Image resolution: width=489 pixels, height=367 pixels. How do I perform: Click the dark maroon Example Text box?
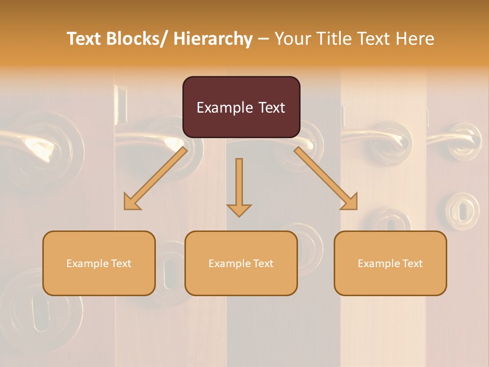(241, 107)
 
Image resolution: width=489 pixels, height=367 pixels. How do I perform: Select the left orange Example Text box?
(99, 263)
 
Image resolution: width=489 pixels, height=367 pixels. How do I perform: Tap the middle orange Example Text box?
(241, 263)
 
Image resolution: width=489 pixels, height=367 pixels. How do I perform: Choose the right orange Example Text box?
(390, 263)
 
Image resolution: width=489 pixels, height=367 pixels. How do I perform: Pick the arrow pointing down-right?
(326, 179)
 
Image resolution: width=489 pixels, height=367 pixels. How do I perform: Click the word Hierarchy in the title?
(213, 39)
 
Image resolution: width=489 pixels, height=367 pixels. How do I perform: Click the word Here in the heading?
(416, 39)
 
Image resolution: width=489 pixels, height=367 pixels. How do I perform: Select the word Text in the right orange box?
(412, 263)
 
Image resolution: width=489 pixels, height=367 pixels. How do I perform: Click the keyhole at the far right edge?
(463, 210)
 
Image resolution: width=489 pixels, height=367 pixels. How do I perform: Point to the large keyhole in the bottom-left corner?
(40, 309)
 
